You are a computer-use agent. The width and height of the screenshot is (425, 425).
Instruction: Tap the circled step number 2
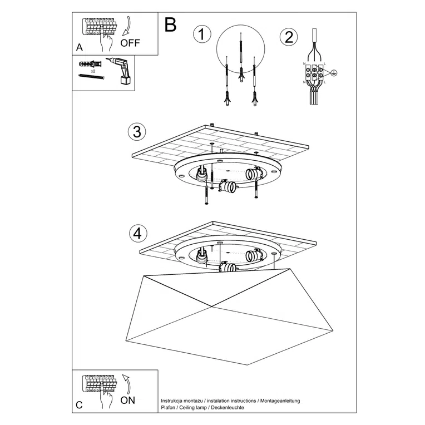coord(288,37)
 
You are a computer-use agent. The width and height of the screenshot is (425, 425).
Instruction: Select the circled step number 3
coord(136,132)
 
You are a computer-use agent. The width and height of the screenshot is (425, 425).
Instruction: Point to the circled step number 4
coord(136,233)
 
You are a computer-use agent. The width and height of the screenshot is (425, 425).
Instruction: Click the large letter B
coord(171,25)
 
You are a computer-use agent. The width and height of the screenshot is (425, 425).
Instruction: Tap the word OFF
coord(131,43)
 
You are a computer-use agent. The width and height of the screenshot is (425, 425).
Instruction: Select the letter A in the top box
coord(79,48)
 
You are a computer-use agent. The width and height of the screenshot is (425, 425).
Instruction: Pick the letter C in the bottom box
coord(79,406)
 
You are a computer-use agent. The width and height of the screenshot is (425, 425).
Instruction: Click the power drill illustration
coord(122,71)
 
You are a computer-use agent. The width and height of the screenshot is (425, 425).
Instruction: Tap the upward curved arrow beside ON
coord(127,384)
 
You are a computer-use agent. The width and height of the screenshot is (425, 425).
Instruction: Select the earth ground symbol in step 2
coord(333,73)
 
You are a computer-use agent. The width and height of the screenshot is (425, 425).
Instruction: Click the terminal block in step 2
coord(315,72)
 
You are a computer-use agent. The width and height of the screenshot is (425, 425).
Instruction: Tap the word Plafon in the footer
coord(169,407)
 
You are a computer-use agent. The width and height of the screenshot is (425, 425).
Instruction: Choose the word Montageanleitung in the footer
coord(285,400)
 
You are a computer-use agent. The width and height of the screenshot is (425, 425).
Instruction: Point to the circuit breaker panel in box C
coord(100,383)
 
